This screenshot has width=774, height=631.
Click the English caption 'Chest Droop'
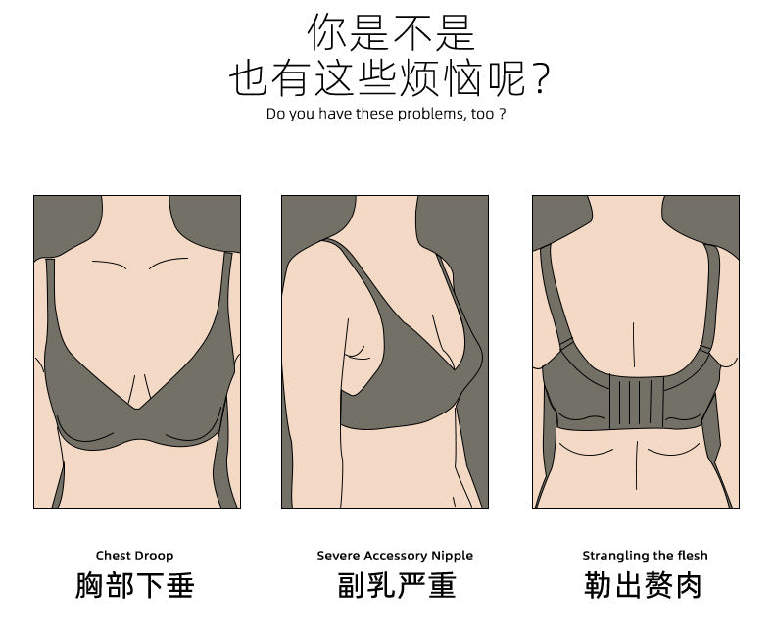135,556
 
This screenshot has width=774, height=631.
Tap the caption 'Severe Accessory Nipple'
395,556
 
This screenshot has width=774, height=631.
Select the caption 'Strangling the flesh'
645,556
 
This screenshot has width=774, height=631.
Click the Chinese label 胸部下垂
135,585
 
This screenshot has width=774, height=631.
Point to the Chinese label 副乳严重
397,585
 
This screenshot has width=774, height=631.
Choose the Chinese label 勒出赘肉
643,585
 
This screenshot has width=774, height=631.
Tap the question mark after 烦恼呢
542,79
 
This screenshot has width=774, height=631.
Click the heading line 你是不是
391,32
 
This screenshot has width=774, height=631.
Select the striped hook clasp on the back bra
637,401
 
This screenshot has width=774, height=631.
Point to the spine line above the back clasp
634,345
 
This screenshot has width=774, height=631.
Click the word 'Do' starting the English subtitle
275,114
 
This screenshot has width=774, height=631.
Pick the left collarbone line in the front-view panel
110,265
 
